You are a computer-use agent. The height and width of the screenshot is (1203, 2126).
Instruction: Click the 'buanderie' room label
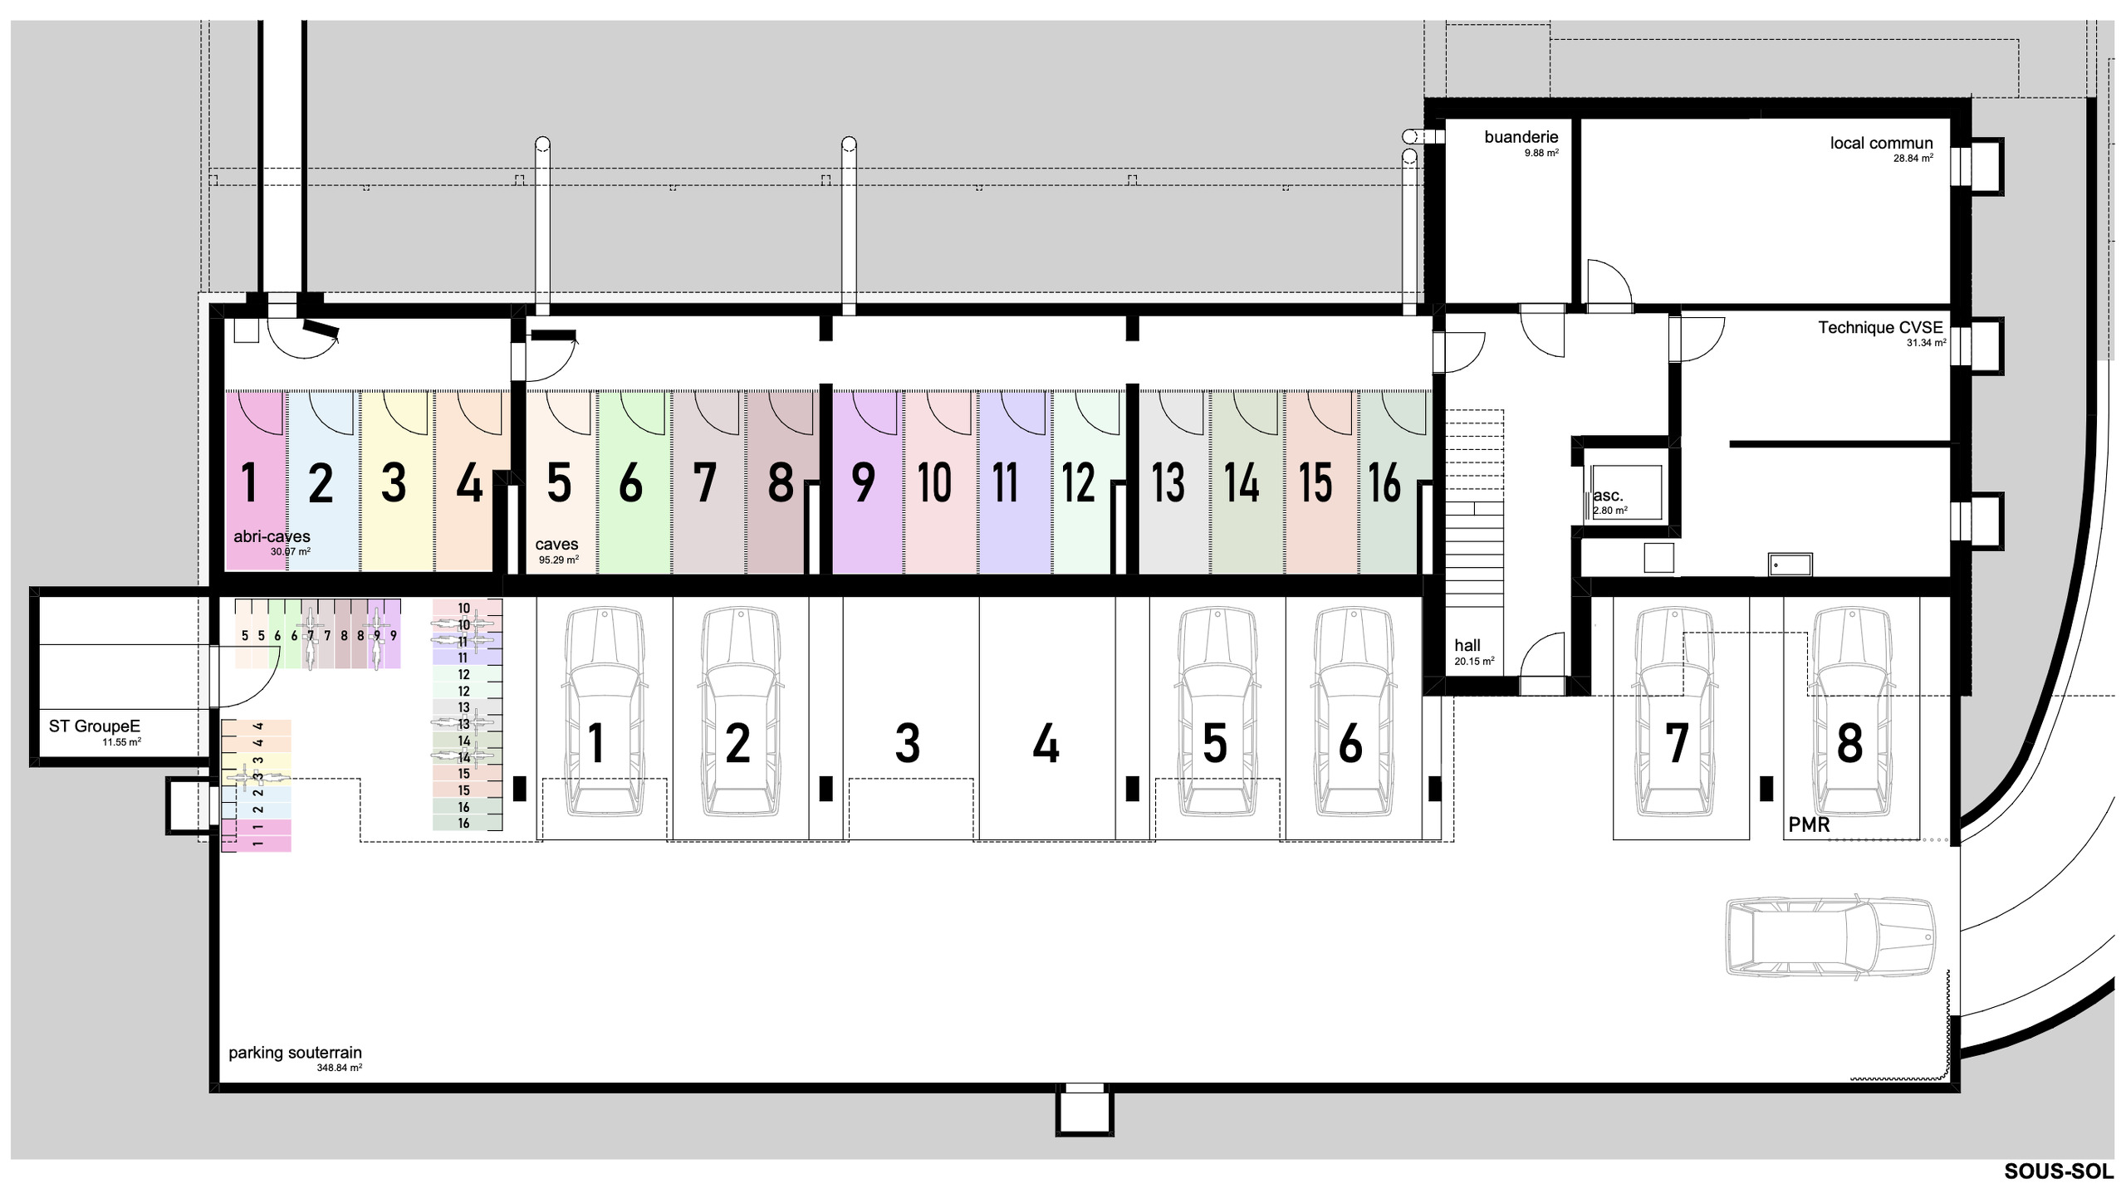point(1521,137)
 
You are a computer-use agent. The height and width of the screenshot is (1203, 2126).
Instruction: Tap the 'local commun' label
point(1881,143)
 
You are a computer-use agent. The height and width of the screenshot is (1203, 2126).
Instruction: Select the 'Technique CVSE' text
point(1880,328)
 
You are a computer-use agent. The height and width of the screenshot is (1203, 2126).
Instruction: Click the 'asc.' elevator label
point(1608,496)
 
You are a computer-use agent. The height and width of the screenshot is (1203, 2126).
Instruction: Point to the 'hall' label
point(1467,645)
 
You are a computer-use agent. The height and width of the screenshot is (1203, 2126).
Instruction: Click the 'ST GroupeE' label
point(95,726)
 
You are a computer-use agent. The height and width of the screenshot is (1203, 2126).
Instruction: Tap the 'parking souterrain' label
point(295,1053)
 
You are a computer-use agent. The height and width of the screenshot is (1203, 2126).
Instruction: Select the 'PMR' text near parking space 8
point(1809,824)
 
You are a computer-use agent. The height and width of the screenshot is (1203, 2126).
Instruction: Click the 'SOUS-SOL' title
point(2058,1171)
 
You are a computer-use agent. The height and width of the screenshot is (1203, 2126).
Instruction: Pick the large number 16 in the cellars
point(1384,482)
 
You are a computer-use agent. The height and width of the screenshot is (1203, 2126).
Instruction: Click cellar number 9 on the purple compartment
point(864,482)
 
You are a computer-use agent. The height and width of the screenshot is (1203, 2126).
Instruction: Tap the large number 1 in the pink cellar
point(249,482)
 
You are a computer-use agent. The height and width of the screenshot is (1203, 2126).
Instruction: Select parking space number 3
point(908,743)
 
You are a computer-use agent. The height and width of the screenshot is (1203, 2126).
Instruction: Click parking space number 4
point(1046,743)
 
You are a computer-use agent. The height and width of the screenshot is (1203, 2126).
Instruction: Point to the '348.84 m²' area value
point(339,1068)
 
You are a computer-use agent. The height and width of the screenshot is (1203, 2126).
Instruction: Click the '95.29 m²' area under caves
point(558,560)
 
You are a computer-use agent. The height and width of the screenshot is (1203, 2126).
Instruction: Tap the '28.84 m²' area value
point(1913,159)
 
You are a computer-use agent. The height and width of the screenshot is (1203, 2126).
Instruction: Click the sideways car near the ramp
point(1830,936)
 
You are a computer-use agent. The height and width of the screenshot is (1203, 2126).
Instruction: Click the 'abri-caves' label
point(272,537)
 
